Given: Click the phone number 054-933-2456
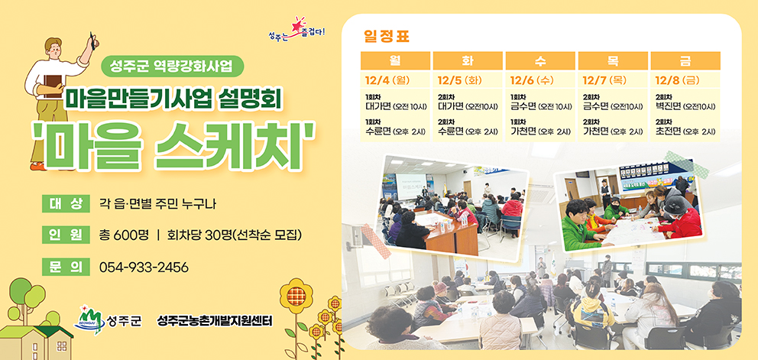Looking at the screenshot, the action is pos(144,268).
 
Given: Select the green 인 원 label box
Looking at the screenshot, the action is pos(66,235).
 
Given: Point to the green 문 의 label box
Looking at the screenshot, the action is pos(66,268).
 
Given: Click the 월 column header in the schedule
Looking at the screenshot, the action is pos(395,61).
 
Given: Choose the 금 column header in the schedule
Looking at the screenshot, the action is pos(685,61).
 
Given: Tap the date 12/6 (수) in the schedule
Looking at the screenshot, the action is pos(532,79).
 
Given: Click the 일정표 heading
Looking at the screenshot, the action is pos(387,36).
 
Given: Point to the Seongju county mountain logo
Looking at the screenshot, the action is pos(89,319).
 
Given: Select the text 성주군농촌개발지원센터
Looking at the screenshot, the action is pos(215,320).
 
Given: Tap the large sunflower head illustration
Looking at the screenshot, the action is pos(294,295).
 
